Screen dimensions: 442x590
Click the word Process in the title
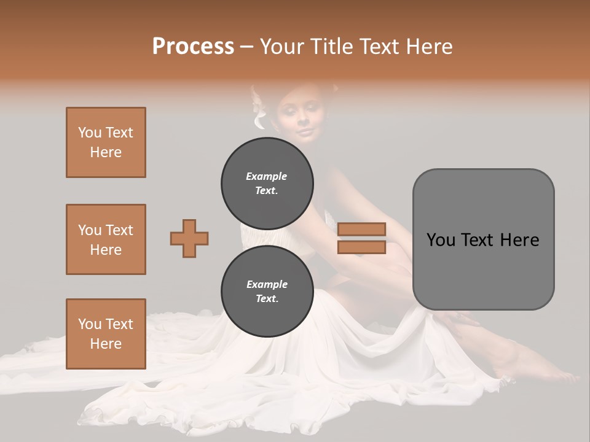pos(193,47)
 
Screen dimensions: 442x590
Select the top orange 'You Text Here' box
pos(106,142)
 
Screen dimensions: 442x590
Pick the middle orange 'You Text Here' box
pos(106,239)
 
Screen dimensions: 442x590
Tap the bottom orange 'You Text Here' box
pos(106,333)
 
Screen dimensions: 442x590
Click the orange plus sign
pos(189,238)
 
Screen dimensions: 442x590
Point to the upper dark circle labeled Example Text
pos(267,183)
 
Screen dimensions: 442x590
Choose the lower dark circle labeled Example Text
pos(267,291)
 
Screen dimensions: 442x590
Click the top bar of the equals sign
pos(361,229)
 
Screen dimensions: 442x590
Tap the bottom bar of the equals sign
pos(361,247)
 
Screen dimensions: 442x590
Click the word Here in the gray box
pos(519,240)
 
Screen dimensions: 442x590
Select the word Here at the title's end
pos(433,47)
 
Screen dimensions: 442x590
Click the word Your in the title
pos(281,47)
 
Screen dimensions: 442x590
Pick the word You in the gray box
pos(440,240)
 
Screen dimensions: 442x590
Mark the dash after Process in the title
pos(247,47)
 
